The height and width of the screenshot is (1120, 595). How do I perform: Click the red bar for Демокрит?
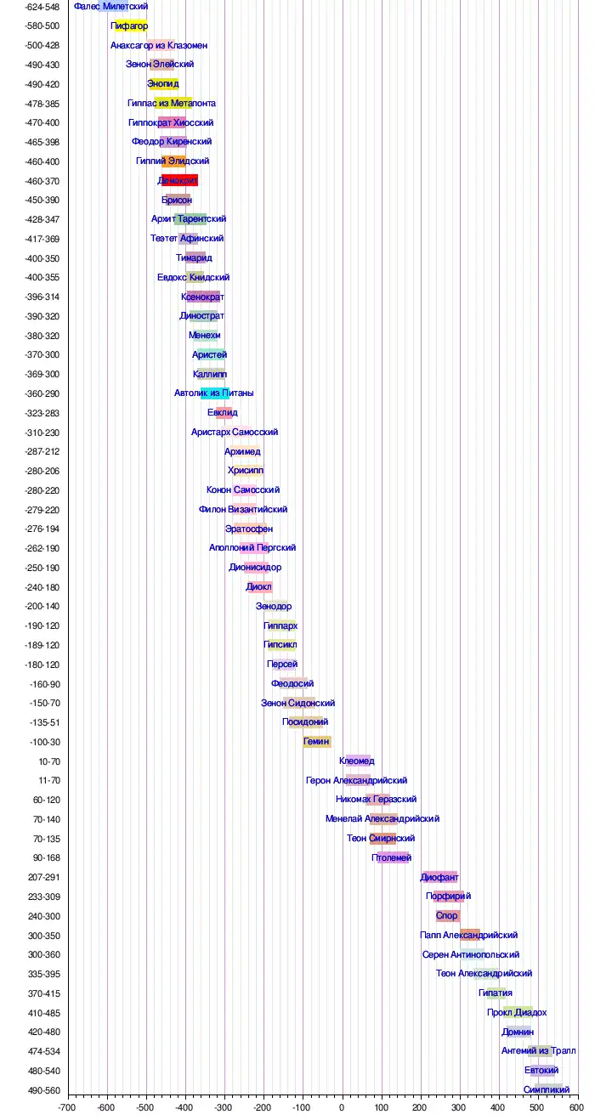(179, 181)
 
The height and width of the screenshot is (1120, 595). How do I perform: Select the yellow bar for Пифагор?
(131, 25)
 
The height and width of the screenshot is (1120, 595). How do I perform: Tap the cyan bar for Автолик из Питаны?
(215, 393)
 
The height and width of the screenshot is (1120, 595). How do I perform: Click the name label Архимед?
(243, 451)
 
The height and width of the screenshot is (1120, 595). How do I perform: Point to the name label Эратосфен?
(249, 529)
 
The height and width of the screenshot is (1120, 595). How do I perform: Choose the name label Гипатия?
(496, 993)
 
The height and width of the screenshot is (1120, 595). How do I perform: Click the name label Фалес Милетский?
(111, 7)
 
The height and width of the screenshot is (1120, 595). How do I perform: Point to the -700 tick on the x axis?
(68, 1108)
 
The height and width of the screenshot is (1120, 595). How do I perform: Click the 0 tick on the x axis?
(342, 1108)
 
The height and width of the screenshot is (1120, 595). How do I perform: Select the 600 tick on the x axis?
(576, 1108)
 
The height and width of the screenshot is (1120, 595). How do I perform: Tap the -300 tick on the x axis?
(224, 1108)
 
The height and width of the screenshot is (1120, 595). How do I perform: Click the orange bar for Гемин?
(317, 742)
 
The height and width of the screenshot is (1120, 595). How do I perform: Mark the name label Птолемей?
(392, 857)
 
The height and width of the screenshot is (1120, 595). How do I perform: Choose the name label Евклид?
(223, 413)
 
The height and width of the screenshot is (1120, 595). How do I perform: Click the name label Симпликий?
(547, 1089)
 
